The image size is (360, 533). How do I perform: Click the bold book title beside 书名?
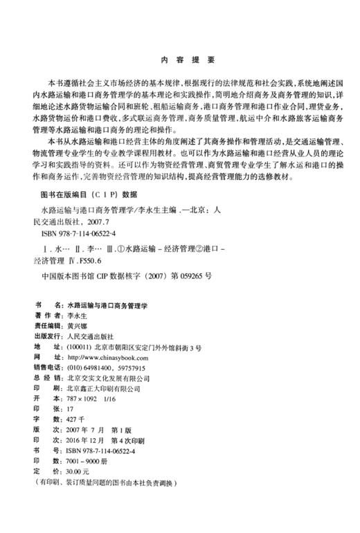tap(111, 305)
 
